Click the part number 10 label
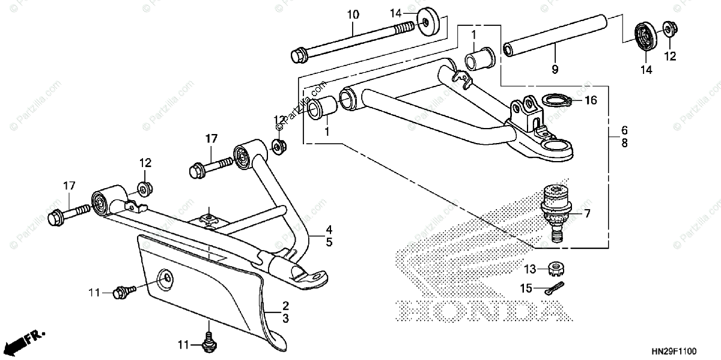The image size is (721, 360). pyautogui.click(x=353, y=14)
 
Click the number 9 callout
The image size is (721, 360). pyautogui.click(x=555, y=69)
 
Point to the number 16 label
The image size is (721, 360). pyautogui.click(x=591, y=100)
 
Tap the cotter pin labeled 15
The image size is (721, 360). pyautogui.click(x=556, y=288)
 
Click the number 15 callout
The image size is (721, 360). pyautogui.click(x=526, y=288)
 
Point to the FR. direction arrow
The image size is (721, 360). pyautogui.click(x=24, y=341)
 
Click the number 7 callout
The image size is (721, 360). pyautogui.click(x=587, y=213)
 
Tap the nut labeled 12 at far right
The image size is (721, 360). pyautogui.click(x=668, y=30)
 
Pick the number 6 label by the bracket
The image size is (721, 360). pyautogui.click(x=624, y=130)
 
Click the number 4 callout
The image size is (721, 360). pyautogui.click(x=329, y=229)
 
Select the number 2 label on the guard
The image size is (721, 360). pyautogui.click(x=286, y=305)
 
